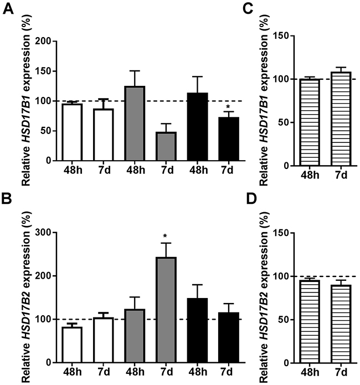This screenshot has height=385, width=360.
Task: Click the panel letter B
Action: pos(7,198)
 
